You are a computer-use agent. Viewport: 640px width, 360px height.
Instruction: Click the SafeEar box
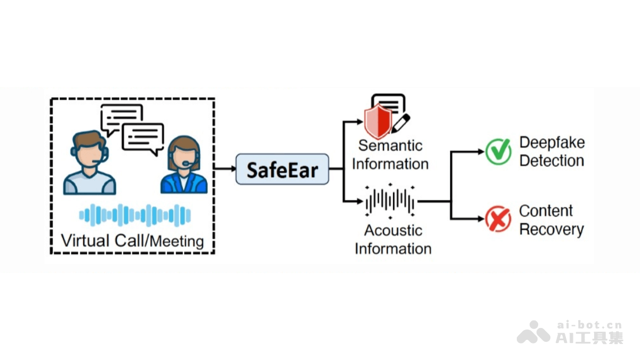pos(282,169)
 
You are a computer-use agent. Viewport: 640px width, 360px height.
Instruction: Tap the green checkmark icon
pos(498,151)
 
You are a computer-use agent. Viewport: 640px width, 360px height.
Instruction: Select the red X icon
pos(498,219)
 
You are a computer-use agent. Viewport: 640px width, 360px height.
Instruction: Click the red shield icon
pos(378,122)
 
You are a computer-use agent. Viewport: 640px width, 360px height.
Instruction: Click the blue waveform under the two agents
pos(135,215)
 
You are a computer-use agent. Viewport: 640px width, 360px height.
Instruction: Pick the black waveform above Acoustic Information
pos(390,202)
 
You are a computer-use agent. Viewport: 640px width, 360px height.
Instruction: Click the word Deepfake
pos(552,142)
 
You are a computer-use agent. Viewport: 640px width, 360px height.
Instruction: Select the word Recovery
pos(551,229)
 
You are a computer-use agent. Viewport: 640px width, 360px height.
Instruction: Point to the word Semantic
pos(390,145)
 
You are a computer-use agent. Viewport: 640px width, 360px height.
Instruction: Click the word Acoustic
pos(393,230)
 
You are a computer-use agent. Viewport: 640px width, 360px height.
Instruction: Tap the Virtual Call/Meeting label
pos(133,241)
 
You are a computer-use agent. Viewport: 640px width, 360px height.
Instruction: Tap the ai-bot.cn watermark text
pos(589,325)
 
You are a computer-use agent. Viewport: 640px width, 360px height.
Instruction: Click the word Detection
pos(551,161)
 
